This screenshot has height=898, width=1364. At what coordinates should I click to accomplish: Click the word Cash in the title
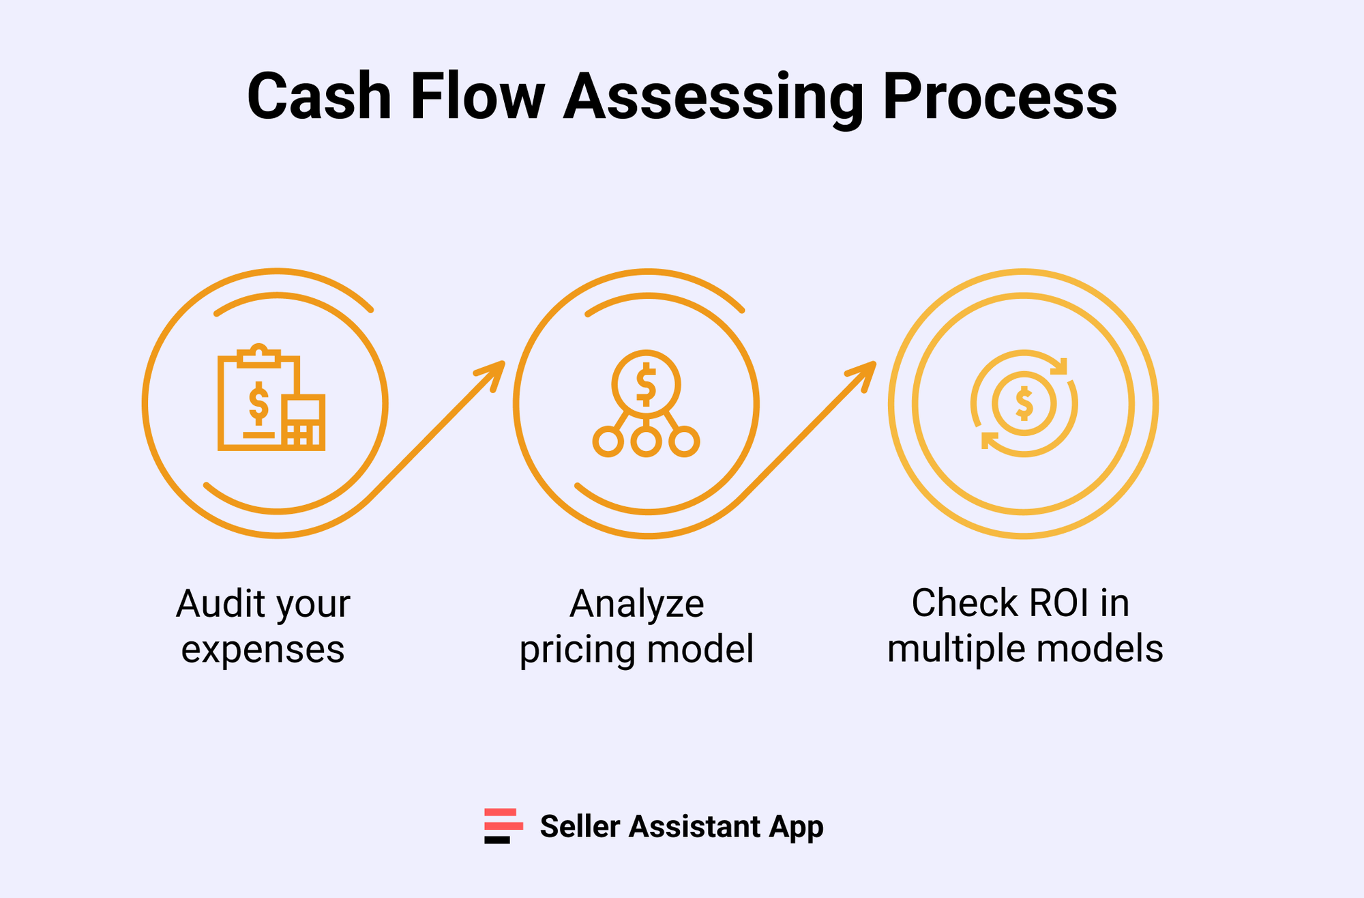point(319,97)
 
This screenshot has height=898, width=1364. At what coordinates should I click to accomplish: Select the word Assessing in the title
point(713,97)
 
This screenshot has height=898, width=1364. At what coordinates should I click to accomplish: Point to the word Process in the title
point(1000,97)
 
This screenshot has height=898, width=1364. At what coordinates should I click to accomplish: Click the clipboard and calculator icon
point(271,399)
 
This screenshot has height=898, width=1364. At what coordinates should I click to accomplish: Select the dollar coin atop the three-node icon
point(646,384)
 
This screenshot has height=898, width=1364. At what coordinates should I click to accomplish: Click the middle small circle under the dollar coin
point(646,442)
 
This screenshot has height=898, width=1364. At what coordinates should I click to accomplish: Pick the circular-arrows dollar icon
point(1024,403)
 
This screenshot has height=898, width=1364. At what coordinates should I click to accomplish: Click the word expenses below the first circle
point(263,650)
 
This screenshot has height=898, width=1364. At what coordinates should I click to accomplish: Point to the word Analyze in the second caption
point(636,604)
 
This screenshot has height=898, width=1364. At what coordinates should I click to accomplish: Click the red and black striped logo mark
point(503,826)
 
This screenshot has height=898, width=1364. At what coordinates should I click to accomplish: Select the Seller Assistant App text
point(681,826)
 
